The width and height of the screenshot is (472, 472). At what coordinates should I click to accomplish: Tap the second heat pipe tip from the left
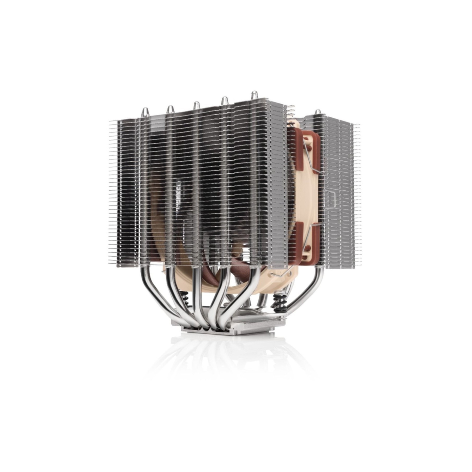tap(170, 108)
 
